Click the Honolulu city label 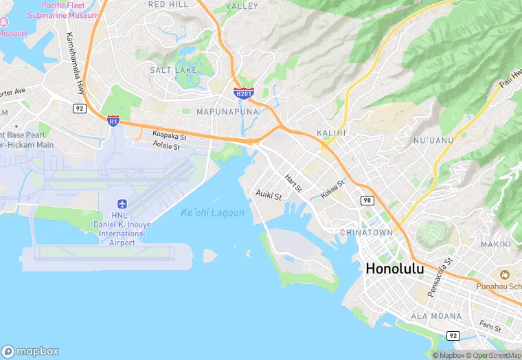394,269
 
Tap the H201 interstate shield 243,93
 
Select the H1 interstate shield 113,121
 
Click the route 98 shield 367,199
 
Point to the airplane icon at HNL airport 122,204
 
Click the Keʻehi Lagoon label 212,213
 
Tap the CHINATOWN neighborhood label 366,233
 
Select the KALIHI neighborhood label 331,132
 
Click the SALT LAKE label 173,70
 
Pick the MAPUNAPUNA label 227,111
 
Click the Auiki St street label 269,196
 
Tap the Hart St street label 293,183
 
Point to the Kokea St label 332,188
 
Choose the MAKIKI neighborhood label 496,245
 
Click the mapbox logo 31,350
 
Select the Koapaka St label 170,135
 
